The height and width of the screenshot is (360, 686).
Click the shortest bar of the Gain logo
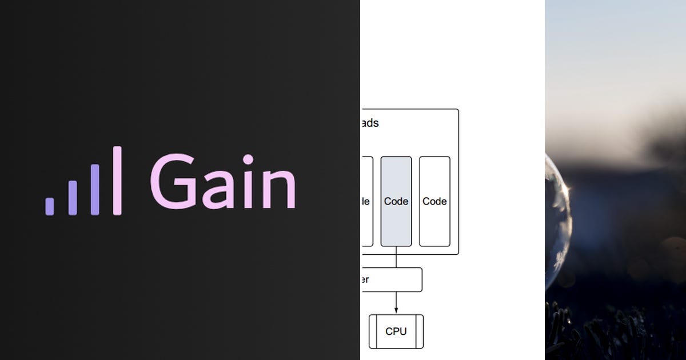(50, 206)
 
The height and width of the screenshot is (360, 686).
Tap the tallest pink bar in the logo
(117, 181)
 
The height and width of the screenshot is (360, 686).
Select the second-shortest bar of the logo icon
(73, 198)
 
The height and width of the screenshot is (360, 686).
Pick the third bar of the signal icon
(95, 190)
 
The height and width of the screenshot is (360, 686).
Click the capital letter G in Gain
(171, 181)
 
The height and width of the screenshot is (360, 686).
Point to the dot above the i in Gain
(248, 159)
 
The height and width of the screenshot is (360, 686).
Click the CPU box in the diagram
(396, 331)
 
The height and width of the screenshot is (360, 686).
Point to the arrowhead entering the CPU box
(396, 310)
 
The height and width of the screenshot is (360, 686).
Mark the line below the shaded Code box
(396, 257)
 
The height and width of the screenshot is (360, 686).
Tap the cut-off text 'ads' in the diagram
(370, 123)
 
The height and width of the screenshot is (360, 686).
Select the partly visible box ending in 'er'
(392, 279)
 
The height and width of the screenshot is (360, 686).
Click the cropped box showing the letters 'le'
(366, 201)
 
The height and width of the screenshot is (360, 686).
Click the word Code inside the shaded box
(396, 201)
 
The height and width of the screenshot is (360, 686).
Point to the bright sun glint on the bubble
(566, 187)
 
